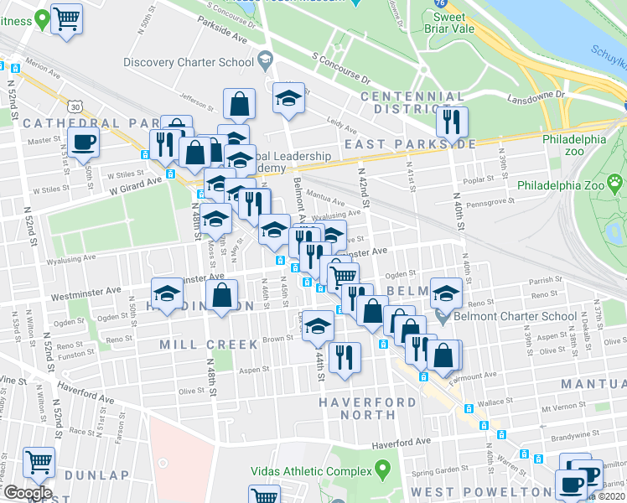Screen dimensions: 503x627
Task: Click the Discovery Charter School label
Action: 188,62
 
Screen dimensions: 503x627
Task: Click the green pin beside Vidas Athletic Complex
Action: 383,467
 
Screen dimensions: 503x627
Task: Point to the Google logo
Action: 27,493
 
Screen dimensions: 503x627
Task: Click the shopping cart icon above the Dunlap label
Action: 39,461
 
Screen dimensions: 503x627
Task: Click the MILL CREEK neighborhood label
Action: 198,345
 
